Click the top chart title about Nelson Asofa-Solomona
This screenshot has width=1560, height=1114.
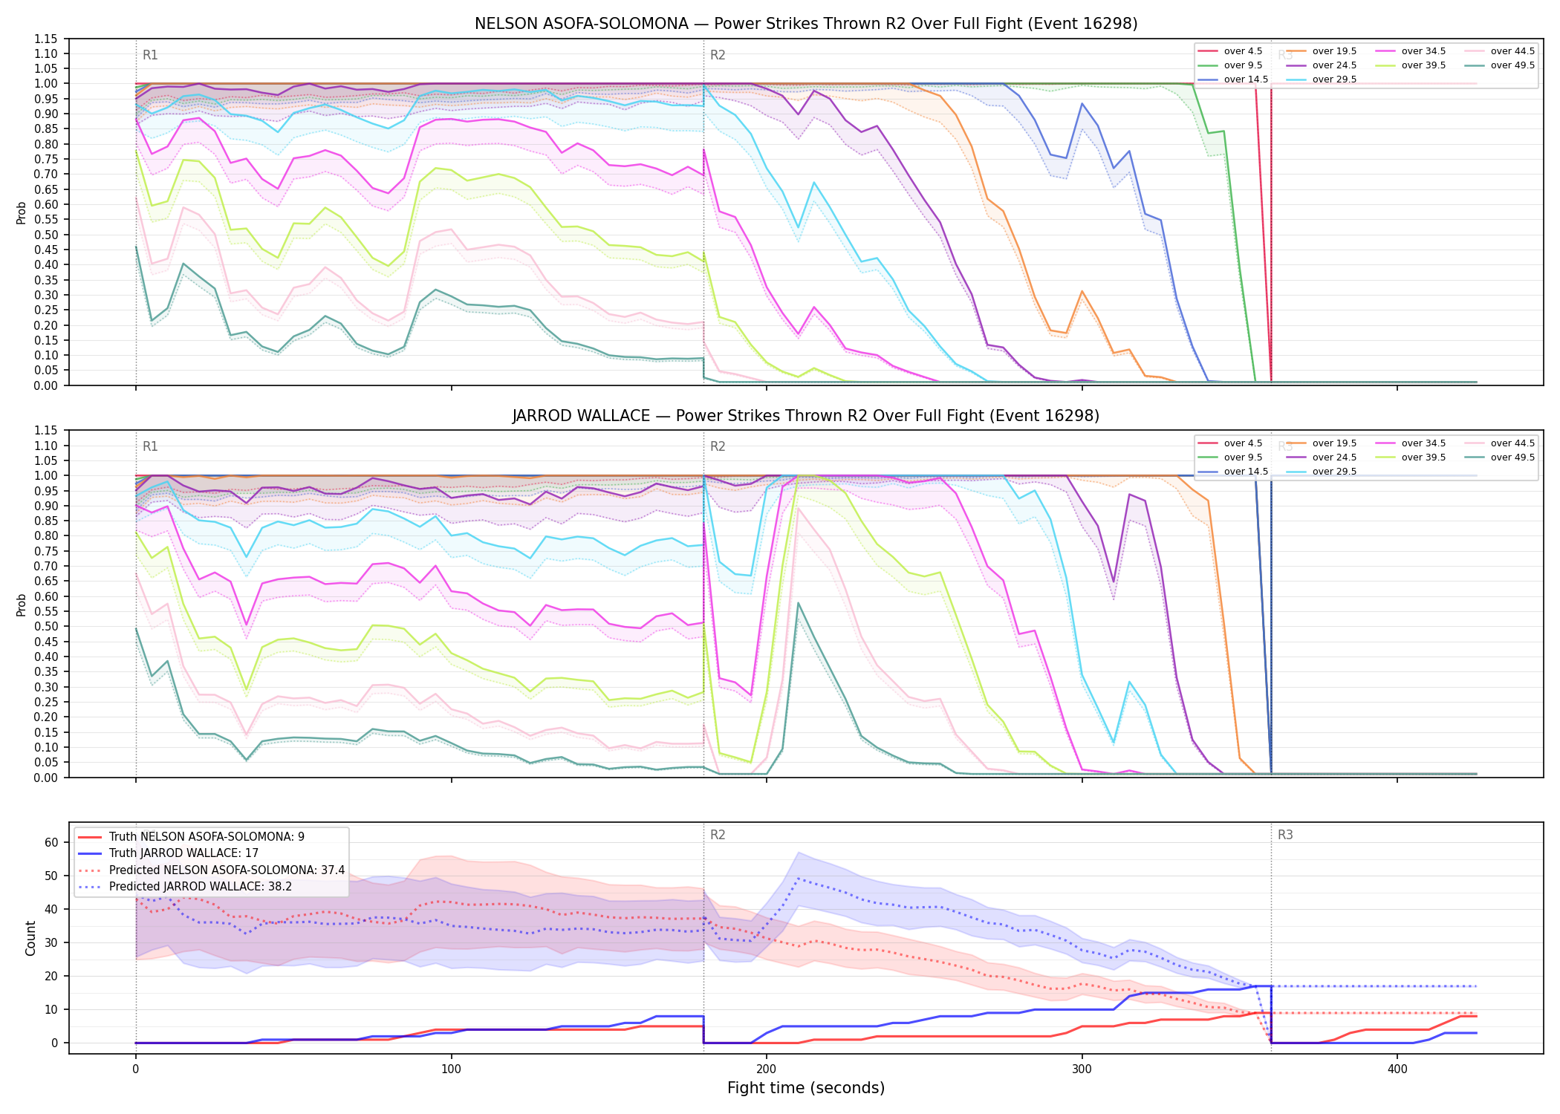(806, 24)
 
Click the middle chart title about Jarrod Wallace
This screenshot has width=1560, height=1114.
(806, 416)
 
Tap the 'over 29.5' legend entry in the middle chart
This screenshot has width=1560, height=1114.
(1322, 472)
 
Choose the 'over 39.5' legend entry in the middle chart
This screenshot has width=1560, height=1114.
(1411, 457)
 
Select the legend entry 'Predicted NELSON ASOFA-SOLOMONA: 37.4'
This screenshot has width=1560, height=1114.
(211, 870)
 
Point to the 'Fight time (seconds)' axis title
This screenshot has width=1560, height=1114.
(806, 1088)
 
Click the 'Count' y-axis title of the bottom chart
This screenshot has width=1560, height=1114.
(30, 938)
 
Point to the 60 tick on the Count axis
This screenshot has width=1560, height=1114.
(51, 842)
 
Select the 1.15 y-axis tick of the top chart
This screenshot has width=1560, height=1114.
(45, 39)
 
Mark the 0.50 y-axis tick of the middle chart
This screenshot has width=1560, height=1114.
(45, 626)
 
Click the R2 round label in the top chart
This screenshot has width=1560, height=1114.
(718, 55)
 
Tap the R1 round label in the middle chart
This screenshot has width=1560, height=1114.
(150, 446)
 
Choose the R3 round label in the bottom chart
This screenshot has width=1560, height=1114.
(1285, 835)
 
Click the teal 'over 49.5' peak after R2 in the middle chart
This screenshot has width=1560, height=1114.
(798, 602)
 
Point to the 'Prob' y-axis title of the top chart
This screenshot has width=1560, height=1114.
(22, 213)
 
